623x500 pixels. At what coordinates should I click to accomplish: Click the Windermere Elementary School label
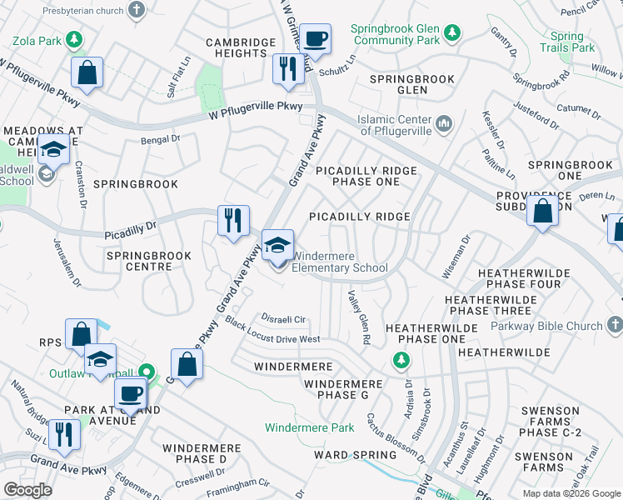[341, 262]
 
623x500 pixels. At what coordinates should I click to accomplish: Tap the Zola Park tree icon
[74, 38]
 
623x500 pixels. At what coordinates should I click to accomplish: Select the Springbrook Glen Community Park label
[394, 34]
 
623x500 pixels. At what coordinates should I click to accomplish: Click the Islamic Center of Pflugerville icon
[444, 124]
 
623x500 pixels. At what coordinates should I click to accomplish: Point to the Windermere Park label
[310, 427]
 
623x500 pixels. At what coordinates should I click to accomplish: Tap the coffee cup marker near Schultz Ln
[316, 38]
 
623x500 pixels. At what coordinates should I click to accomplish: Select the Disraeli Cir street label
[284, 319]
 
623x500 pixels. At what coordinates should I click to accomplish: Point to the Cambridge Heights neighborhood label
[241, 47]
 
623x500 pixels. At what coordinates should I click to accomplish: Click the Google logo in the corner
[27, 489]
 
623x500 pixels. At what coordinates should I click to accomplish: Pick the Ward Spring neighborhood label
[355, 455]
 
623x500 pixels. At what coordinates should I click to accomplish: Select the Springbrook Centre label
[139, 261]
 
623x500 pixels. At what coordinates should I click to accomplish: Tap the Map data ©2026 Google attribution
[571, 493]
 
